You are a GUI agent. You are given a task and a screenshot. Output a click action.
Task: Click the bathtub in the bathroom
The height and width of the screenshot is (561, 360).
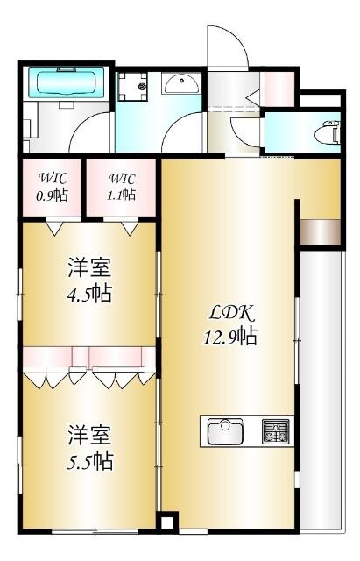(x=67, y=82)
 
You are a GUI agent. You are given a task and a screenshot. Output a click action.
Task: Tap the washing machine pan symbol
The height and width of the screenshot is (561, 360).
(x=132, y=87)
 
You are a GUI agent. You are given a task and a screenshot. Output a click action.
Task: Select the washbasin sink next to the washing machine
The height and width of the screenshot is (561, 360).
(x=181, y=84)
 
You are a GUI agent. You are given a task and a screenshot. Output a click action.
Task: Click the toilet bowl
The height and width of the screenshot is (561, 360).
(x=327, y=132)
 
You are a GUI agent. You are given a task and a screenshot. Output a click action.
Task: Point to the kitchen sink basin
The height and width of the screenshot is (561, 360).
(x=225, y=431)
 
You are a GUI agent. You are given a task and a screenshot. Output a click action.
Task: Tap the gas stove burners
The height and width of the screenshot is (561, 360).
(x=275, y=431)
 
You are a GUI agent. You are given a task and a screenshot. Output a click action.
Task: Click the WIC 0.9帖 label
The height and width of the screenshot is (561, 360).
(x=53, y=187)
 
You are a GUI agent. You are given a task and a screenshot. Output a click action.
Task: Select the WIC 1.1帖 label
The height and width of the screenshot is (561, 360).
(x=122, y=187)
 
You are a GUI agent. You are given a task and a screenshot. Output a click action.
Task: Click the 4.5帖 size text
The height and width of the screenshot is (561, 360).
(x=89, y=294)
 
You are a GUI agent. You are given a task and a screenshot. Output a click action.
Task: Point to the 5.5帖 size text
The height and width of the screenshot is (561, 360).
(x=89, y=461)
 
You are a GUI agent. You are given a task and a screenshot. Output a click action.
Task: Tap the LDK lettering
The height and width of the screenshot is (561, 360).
(x=231, y=314)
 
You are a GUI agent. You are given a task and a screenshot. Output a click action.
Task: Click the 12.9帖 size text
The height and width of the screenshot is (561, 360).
(x=230, y=336)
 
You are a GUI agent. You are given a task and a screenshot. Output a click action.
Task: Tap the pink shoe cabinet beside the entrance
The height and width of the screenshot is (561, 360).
(x=279, y=89)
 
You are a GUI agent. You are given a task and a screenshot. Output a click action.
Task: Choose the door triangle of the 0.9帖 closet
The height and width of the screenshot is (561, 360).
(x=54, y=228)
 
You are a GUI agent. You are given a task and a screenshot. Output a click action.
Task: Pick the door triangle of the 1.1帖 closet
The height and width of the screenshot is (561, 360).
(x=130, y=228)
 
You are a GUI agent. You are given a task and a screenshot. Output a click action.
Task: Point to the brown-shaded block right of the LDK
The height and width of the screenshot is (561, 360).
(x=320, y=232)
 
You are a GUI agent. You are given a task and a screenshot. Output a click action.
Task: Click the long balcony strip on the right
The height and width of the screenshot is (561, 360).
(x=321, y=390)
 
